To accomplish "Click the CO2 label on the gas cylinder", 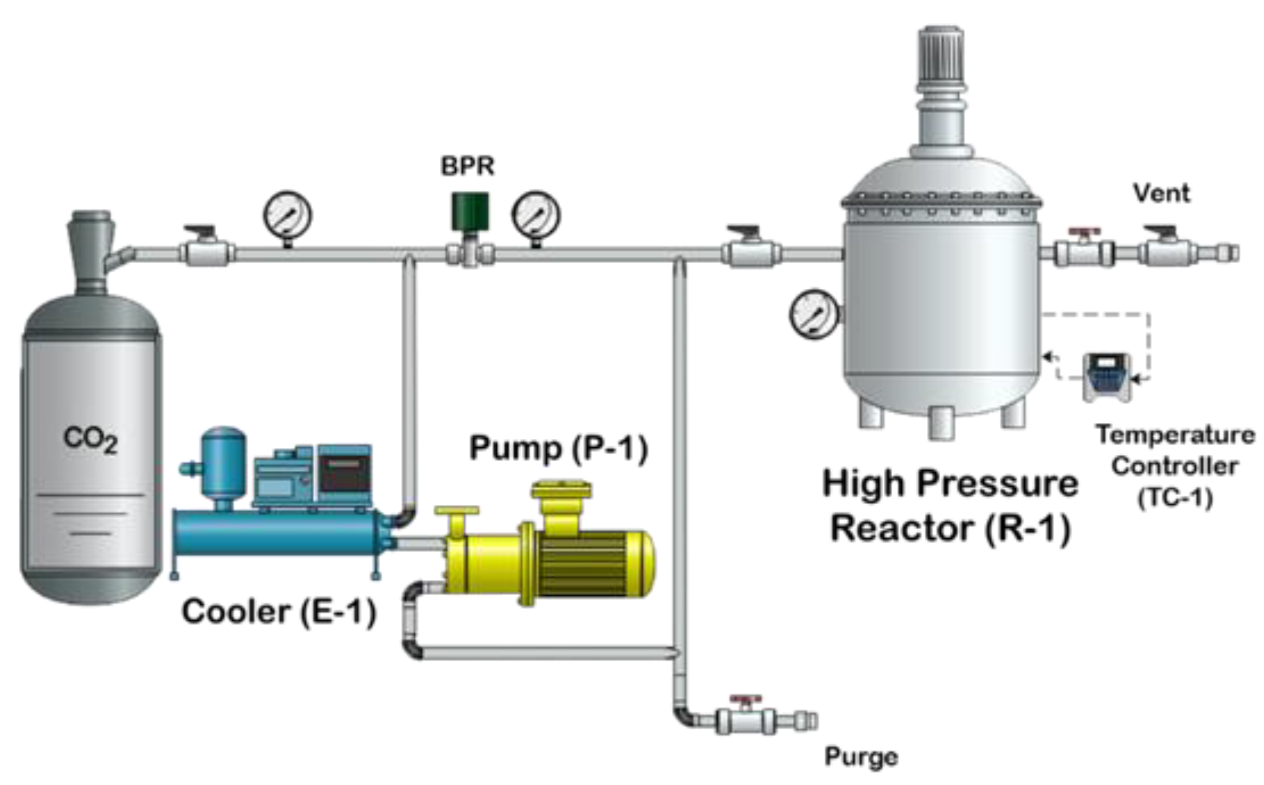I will coord(90,439).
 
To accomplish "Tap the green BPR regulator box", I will coord(469,210).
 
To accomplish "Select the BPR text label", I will coord(467,166).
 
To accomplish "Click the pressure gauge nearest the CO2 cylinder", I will coord(287,216).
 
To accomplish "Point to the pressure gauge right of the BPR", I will coord(535,215).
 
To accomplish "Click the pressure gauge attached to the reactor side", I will coord(814,314).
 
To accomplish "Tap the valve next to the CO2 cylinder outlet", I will coord(206,250).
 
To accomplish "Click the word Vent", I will coord(1161,193).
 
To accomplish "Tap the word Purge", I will coord(861,757).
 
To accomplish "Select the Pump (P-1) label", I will coord(558,448).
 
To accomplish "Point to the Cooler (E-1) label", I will coord(278,612).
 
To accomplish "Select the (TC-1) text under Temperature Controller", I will coord(1175,498).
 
